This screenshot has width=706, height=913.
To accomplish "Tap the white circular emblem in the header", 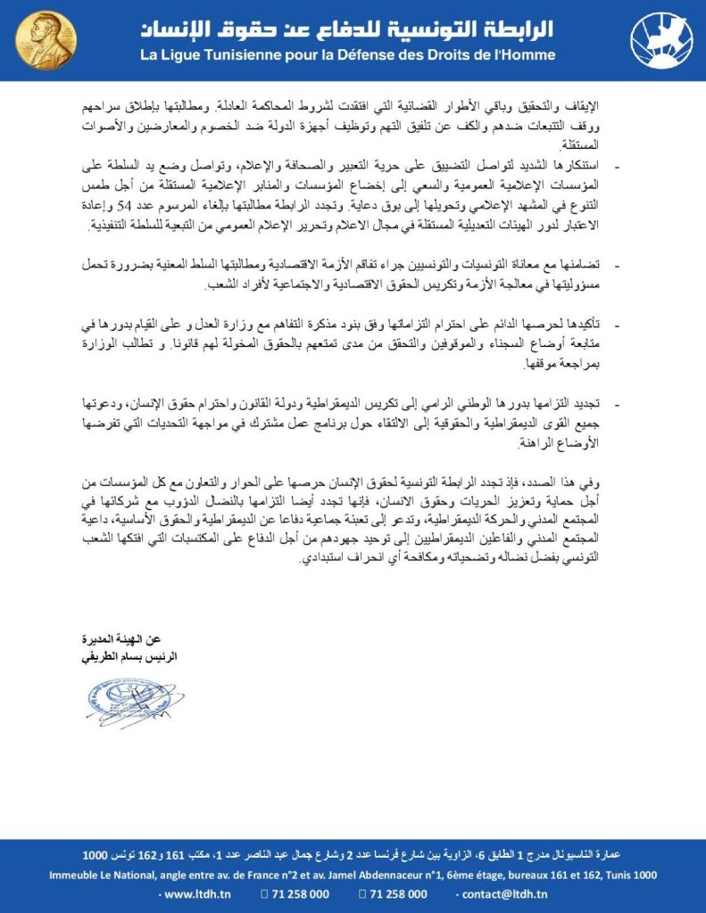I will click(x=660, y=40).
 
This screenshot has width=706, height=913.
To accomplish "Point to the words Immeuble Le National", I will click(x=101, y=876).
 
